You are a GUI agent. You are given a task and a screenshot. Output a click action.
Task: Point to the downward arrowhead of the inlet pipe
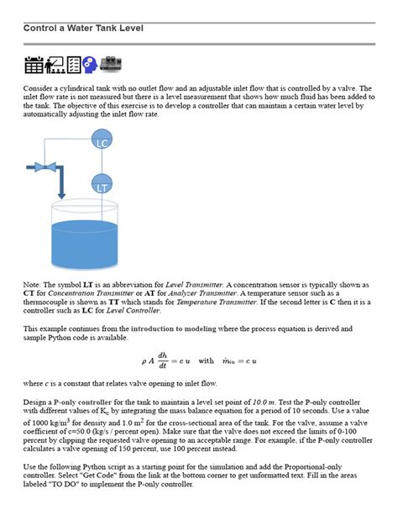pyautogui.click(x=60, y=196)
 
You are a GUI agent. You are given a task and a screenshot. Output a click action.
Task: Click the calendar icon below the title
pyautogui.click(x=34, y=65)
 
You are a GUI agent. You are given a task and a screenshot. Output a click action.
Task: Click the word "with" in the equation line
pyautogui.click(x=207, y=361)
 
